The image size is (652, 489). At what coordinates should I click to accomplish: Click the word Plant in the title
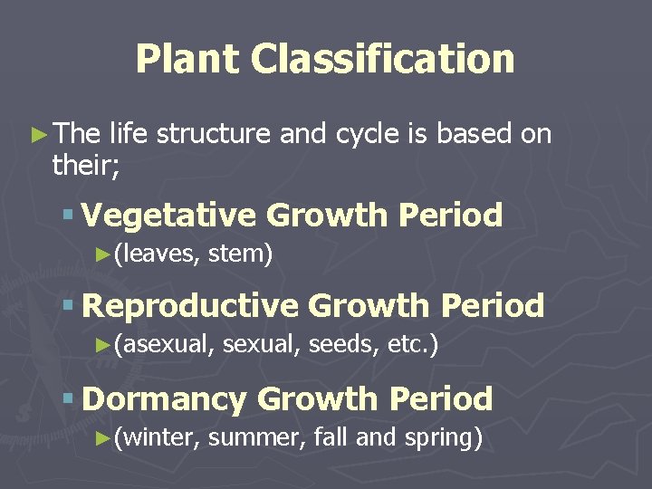(x=187, y=60)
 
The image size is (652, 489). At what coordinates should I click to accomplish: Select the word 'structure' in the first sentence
(x=213, y=134)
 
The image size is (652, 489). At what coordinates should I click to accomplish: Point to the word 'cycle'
(x=362, y=134)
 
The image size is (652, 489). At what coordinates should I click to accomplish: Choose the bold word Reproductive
(x=190, y=305)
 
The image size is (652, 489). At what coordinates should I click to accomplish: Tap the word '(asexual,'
(x=163, y=345)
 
